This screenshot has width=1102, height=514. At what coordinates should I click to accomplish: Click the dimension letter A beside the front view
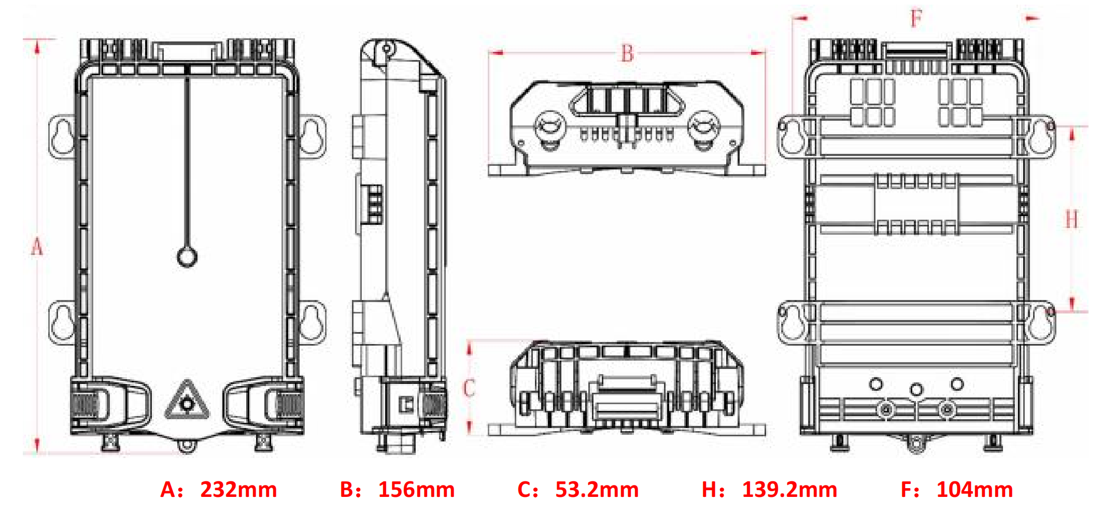click(37, 247)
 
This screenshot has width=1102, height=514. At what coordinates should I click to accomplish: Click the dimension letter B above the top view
click(627, 53)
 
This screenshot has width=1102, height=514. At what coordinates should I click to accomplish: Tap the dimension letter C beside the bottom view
click(469, 388)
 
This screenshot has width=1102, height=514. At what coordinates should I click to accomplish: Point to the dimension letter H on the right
click(1071, 219)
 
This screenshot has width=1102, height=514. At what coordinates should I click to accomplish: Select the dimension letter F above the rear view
click(916, 19)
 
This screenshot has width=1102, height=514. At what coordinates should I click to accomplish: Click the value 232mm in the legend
click(238, 490)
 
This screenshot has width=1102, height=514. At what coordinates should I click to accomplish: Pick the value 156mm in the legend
click(416, 490)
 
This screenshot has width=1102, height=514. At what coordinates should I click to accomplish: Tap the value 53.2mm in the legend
click(597, 490)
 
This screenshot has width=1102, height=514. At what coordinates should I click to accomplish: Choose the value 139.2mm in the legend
click(789, 490)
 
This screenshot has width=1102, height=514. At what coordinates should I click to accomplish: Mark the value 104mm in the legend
click(974, 490)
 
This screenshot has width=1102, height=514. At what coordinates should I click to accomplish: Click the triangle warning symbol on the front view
click(187, 402)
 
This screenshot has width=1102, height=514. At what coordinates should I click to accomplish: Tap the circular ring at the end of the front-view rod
click(187, 256)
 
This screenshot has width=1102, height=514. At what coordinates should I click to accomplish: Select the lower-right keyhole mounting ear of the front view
click(313, 323)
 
